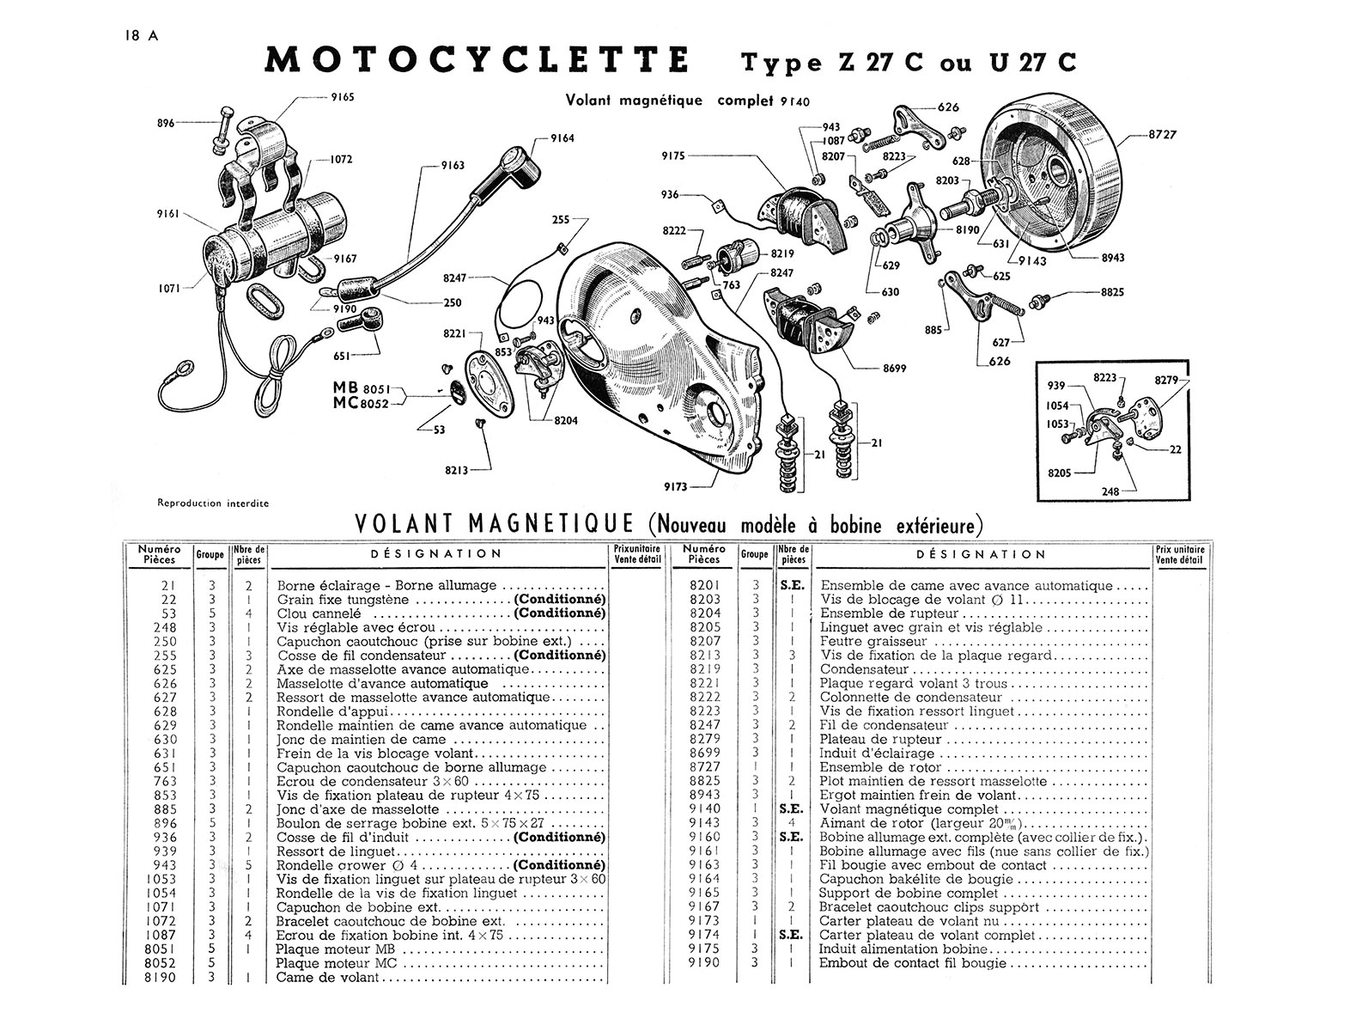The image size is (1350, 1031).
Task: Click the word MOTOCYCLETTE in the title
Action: point(477,61)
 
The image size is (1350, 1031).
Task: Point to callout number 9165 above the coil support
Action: point(343,98)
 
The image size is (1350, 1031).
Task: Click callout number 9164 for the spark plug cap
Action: point(563,137)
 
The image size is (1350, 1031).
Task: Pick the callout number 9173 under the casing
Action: point(677,486)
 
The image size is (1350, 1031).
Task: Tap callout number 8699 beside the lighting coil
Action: point(895,369)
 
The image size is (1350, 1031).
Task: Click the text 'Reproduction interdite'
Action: point(213,503)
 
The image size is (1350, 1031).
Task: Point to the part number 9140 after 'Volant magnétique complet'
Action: point(796,101)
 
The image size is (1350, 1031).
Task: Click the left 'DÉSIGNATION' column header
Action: point(436,554)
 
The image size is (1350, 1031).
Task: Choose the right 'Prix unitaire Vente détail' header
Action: point(1181,555)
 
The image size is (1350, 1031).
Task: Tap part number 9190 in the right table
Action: point(704,963)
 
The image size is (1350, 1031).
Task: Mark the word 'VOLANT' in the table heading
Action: point(405,524)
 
